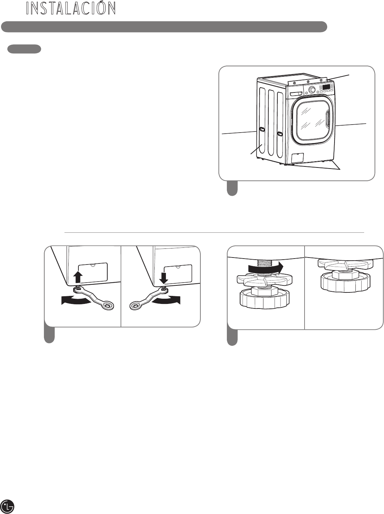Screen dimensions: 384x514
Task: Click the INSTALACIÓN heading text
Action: point(71,8)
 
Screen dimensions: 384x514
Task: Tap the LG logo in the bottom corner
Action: point(9,506)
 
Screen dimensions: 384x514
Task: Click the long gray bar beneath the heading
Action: point(164,27)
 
